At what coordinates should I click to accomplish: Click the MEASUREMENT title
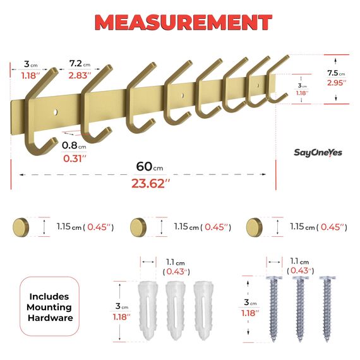coord(183,22)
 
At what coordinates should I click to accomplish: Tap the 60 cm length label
coord(150,167)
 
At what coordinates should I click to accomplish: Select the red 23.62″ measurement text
coord(150,183)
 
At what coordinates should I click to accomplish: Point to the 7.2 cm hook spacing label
coord(80,64)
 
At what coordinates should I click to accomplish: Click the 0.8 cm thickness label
coord(74,145)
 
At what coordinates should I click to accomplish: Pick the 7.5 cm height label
coord(336,73)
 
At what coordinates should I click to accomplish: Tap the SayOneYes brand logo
coord(318,153)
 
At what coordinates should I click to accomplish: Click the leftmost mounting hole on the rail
coord(56,112)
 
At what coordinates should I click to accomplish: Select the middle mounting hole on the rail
coord(183,95)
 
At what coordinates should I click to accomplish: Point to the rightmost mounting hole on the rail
coord(258,85)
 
